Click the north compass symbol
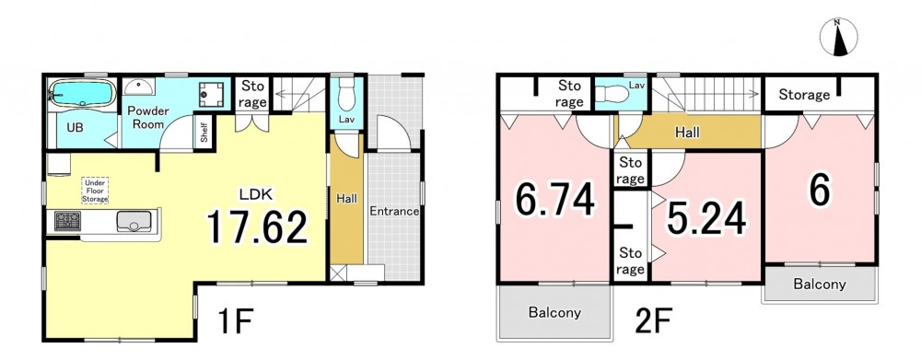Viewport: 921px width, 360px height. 838,38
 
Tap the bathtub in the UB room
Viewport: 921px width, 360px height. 82,93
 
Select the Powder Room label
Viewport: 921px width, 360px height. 148,118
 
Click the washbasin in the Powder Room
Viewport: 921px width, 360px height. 139,87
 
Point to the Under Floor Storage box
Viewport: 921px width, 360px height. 95,191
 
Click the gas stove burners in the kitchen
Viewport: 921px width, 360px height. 67,221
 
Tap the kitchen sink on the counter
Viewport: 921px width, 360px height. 134,221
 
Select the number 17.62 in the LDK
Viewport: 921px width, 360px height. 257,227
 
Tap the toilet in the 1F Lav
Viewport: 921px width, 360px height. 346,97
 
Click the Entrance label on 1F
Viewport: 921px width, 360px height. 394,212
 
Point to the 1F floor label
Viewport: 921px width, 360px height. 235,321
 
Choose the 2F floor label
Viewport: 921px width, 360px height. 653,321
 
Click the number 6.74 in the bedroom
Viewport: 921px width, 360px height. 555,201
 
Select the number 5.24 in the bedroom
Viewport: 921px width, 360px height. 706,218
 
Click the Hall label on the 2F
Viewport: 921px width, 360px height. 687,133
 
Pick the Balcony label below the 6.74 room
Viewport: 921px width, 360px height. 554,312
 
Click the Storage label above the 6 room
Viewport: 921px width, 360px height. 804,95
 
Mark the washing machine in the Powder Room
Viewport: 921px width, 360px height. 211,94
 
